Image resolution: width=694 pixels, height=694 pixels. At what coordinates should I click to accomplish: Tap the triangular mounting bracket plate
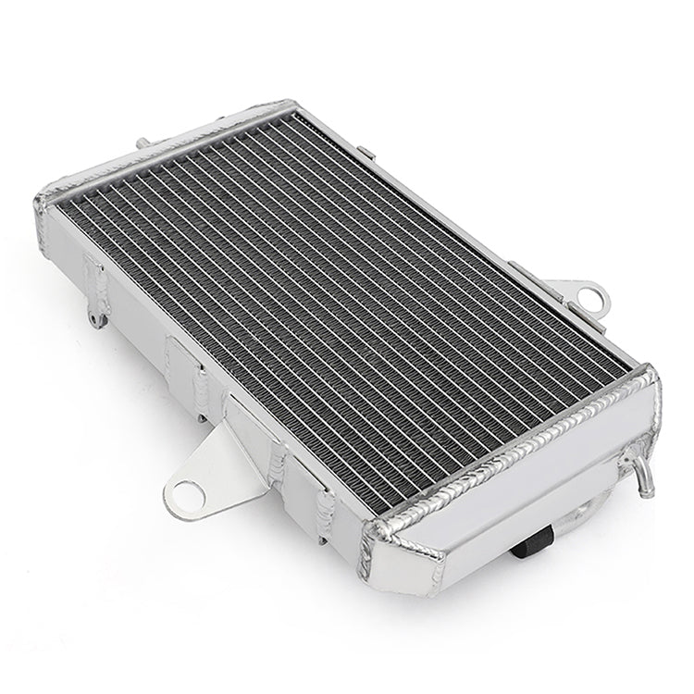coord(208,463)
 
